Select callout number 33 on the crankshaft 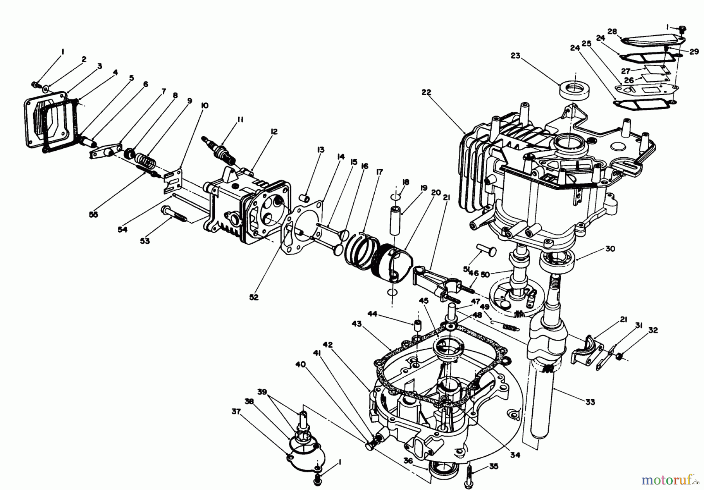coord(591,402)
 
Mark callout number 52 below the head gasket coord(254,297)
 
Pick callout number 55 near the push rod coord(93,214)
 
